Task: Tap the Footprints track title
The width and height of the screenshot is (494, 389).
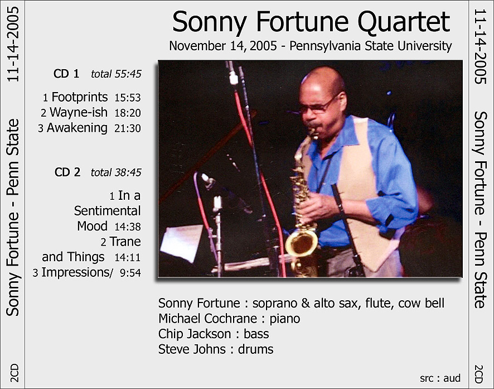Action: (79, 97)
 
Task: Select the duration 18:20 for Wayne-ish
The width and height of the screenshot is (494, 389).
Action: (128, 113)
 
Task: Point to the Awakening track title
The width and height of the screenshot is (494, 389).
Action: (77, 128)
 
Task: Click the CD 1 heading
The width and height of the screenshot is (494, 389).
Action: (66, 74)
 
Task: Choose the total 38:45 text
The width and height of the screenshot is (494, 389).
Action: (116, 172)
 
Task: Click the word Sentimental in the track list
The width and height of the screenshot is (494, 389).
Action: (107, 211)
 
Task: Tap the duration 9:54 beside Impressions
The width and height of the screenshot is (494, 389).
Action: (130, 273)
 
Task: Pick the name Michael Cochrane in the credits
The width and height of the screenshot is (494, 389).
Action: (207, 318)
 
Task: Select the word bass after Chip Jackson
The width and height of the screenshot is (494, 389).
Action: (256, 334)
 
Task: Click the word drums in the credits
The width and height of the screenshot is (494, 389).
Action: (255, 349)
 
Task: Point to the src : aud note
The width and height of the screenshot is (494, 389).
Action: (440, 378)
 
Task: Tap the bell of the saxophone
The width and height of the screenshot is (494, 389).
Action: (301, 243)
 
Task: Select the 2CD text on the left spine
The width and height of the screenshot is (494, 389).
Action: (14, 373)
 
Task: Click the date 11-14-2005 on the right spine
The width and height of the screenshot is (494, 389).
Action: (480, 46)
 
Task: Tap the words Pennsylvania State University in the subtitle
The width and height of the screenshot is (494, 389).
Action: (370, 46)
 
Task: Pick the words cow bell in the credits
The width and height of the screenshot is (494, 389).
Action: (421, 303)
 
